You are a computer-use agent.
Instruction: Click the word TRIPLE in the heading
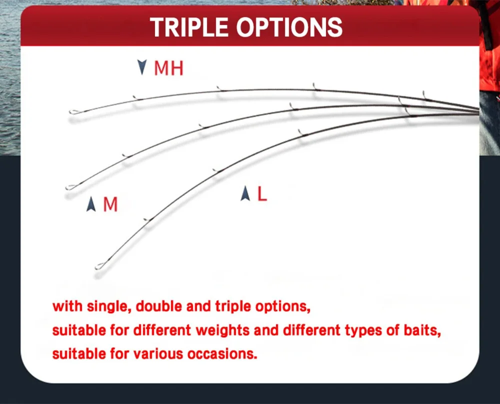(x=189, y=27)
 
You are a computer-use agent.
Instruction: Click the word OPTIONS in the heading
(x=289, y=27)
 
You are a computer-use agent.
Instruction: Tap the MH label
(x=168, y=68)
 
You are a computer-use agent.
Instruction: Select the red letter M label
(x=110, y=204)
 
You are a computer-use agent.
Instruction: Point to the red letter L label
(x=262, y=194)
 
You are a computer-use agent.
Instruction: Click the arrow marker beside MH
(x=142, y=67)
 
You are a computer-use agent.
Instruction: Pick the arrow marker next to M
(x=91, y=204)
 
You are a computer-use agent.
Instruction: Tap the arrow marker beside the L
(x=245, y=193)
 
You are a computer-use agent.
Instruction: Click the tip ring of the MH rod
(x=74, y=112)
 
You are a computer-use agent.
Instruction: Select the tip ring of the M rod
(x=71, y=187)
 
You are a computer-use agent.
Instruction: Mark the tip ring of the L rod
(x=100, y=266)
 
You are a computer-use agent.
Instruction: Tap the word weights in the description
(x=222, y=330)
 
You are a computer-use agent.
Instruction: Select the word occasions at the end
(x=222, y=354)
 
